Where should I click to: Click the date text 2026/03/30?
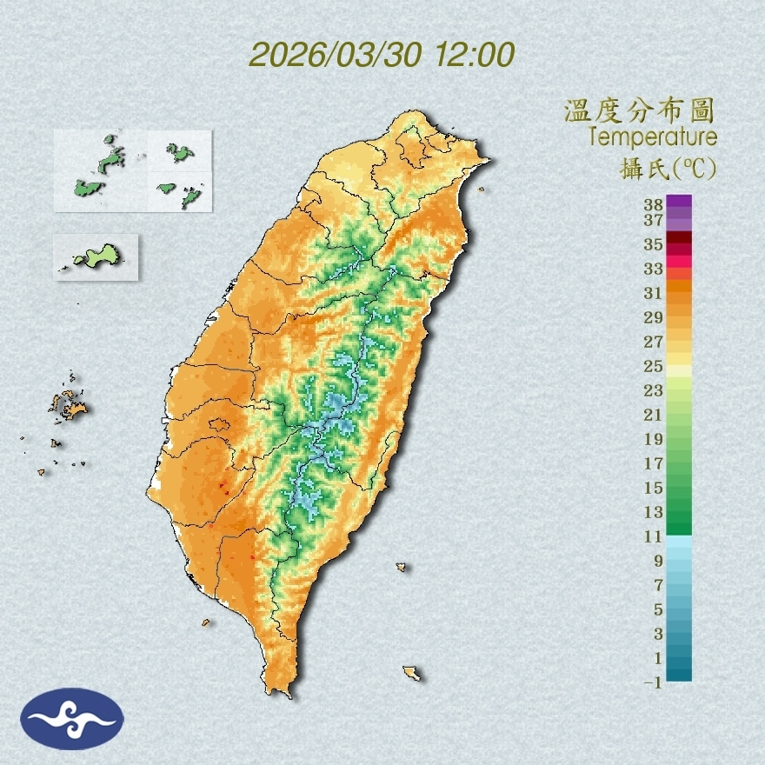coord(335,55)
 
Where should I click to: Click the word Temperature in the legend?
coord(652,137)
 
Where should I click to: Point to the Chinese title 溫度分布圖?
coord(640,111)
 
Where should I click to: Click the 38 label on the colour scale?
coord(654,205)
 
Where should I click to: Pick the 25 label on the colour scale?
coord(654,366)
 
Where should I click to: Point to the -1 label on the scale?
coord(654,682)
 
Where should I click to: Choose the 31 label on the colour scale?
coord(654,293)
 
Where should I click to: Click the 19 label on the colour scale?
coord(654,439)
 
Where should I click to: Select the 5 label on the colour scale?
coord(658,609)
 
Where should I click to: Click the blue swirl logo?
coord(72,718)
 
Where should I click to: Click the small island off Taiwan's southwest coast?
coord(206,622)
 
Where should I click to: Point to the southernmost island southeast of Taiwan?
coord(412,673)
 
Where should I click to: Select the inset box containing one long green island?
coord(96,256)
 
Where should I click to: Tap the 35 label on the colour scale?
coord(654,244)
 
